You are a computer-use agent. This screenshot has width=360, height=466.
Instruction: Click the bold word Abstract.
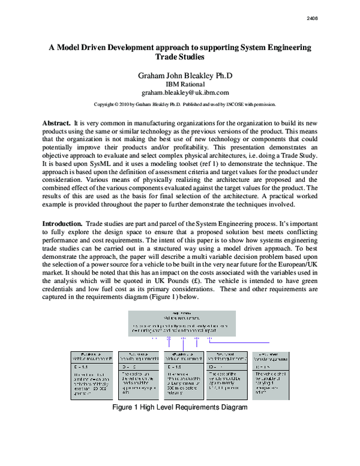56,123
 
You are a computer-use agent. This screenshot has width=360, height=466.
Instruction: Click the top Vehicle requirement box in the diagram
185,322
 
